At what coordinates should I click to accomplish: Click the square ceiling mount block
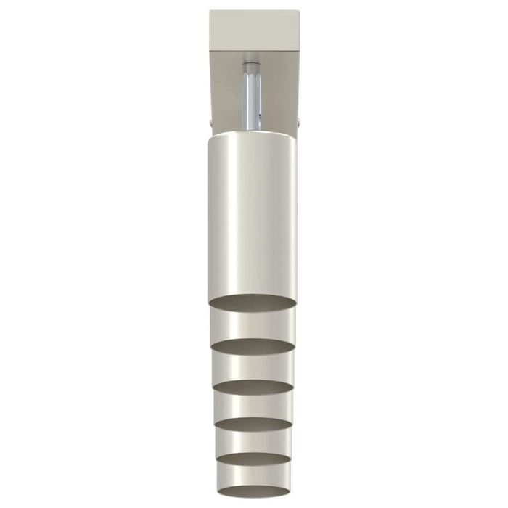point(253,30)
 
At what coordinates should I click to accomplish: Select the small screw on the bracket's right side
point(298,120)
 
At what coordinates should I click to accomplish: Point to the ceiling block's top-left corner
point(210,10)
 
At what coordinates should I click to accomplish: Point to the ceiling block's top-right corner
point(297,10)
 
